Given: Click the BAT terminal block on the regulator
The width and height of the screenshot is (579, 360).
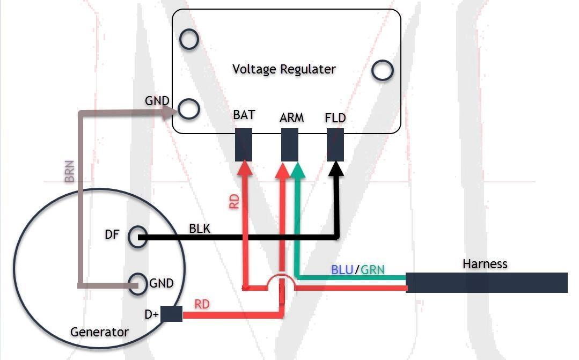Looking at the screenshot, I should [x=244, y=145].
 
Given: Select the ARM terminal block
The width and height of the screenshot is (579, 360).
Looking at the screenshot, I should [x=290, y=145].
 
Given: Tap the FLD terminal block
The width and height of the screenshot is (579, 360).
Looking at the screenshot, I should [x=335, y=145].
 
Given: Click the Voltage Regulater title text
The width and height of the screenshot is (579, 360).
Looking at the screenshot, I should [x=284, y=69].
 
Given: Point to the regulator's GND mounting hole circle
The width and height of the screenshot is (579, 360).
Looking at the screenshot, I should [x=189, y=109].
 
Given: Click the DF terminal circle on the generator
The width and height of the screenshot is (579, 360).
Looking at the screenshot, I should [x=137, y=237].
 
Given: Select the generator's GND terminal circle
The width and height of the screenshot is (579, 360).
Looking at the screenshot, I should [x=138, y=284].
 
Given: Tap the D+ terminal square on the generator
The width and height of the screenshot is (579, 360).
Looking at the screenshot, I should [x=171, y=314].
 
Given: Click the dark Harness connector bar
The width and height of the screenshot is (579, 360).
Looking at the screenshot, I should [x=486, y=283].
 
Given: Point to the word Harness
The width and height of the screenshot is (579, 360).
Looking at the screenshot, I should [x=485, y=264].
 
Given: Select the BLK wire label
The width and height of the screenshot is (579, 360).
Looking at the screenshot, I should [x=200, y=229].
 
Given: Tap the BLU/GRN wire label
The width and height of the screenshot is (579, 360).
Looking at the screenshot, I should [x=357, y=269].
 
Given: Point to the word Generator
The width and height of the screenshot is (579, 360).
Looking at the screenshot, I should [x=99, y=332].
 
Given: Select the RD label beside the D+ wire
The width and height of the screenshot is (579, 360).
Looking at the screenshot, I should [x=202, y=304].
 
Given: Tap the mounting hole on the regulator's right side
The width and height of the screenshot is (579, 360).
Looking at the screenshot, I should [x=382, y=70].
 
